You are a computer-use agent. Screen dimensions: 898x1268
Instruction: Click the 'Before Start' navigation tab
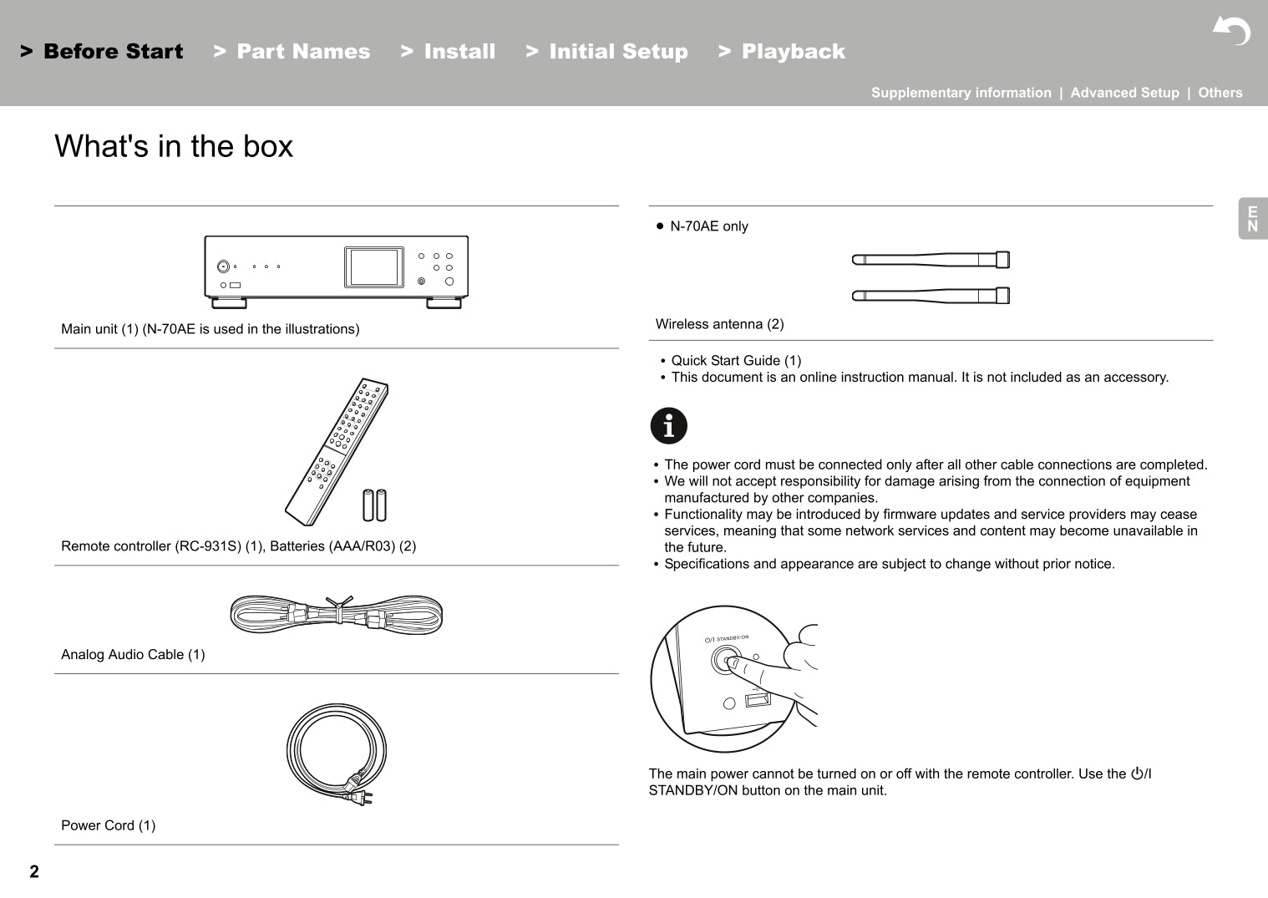(x=113, y=52)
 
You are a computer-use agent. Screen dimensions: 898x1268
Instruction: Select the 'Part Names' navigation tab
(x=302, y=52)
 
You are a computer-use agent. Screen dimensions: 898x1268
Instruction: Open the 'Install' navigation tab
(x=459, y=52)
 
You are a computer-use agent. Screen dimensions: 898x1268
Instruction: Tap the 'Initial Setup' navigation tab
(x=618, y=52)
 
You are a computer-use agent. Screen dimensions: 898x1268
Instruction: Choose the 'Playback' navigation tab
(x=793, y=52)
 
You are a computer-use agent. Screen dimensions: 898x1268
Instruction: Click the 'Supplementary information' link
(x=961, y=93)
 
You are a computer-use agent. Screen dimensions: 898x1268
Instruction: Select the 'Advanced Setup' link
(x=1124, y=93)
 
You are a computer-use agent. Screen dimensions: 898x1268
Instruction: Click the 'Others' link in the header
(x=1220, y=93)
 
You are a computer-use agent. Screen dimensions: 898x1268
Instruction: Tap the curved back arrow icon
(x=1232, y=31)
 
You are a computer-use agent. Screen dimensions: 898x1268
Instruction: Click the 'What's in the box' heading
(x=174, y=146)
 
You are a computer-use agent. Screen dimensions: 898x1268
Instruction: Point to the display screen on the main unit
(x=373, y=267)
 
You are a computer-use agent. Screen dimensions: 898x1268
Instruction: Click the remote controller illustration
(x=337, y=451)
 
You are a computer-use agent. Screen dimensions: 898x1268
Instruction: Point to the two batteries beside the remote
(x=374, y=505)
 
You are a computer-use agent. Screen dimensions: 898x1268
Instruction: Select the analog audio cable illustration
(x=336, y=615)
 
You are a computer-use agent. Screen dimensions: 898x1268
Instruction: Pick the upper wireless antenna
(x=931, y=260)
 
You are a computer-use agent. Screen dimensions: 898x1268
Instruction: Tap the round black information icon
(x=668, y=426)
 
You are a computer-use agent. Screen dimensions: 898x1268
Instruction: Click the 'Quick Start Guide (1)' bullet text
(x=736, y=361)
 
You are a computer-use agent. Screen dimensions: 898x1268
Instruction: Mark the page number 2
(x=34, y=872)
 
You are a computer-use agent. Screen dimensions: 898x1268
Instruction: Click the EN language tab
(x=1252, y=219)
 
